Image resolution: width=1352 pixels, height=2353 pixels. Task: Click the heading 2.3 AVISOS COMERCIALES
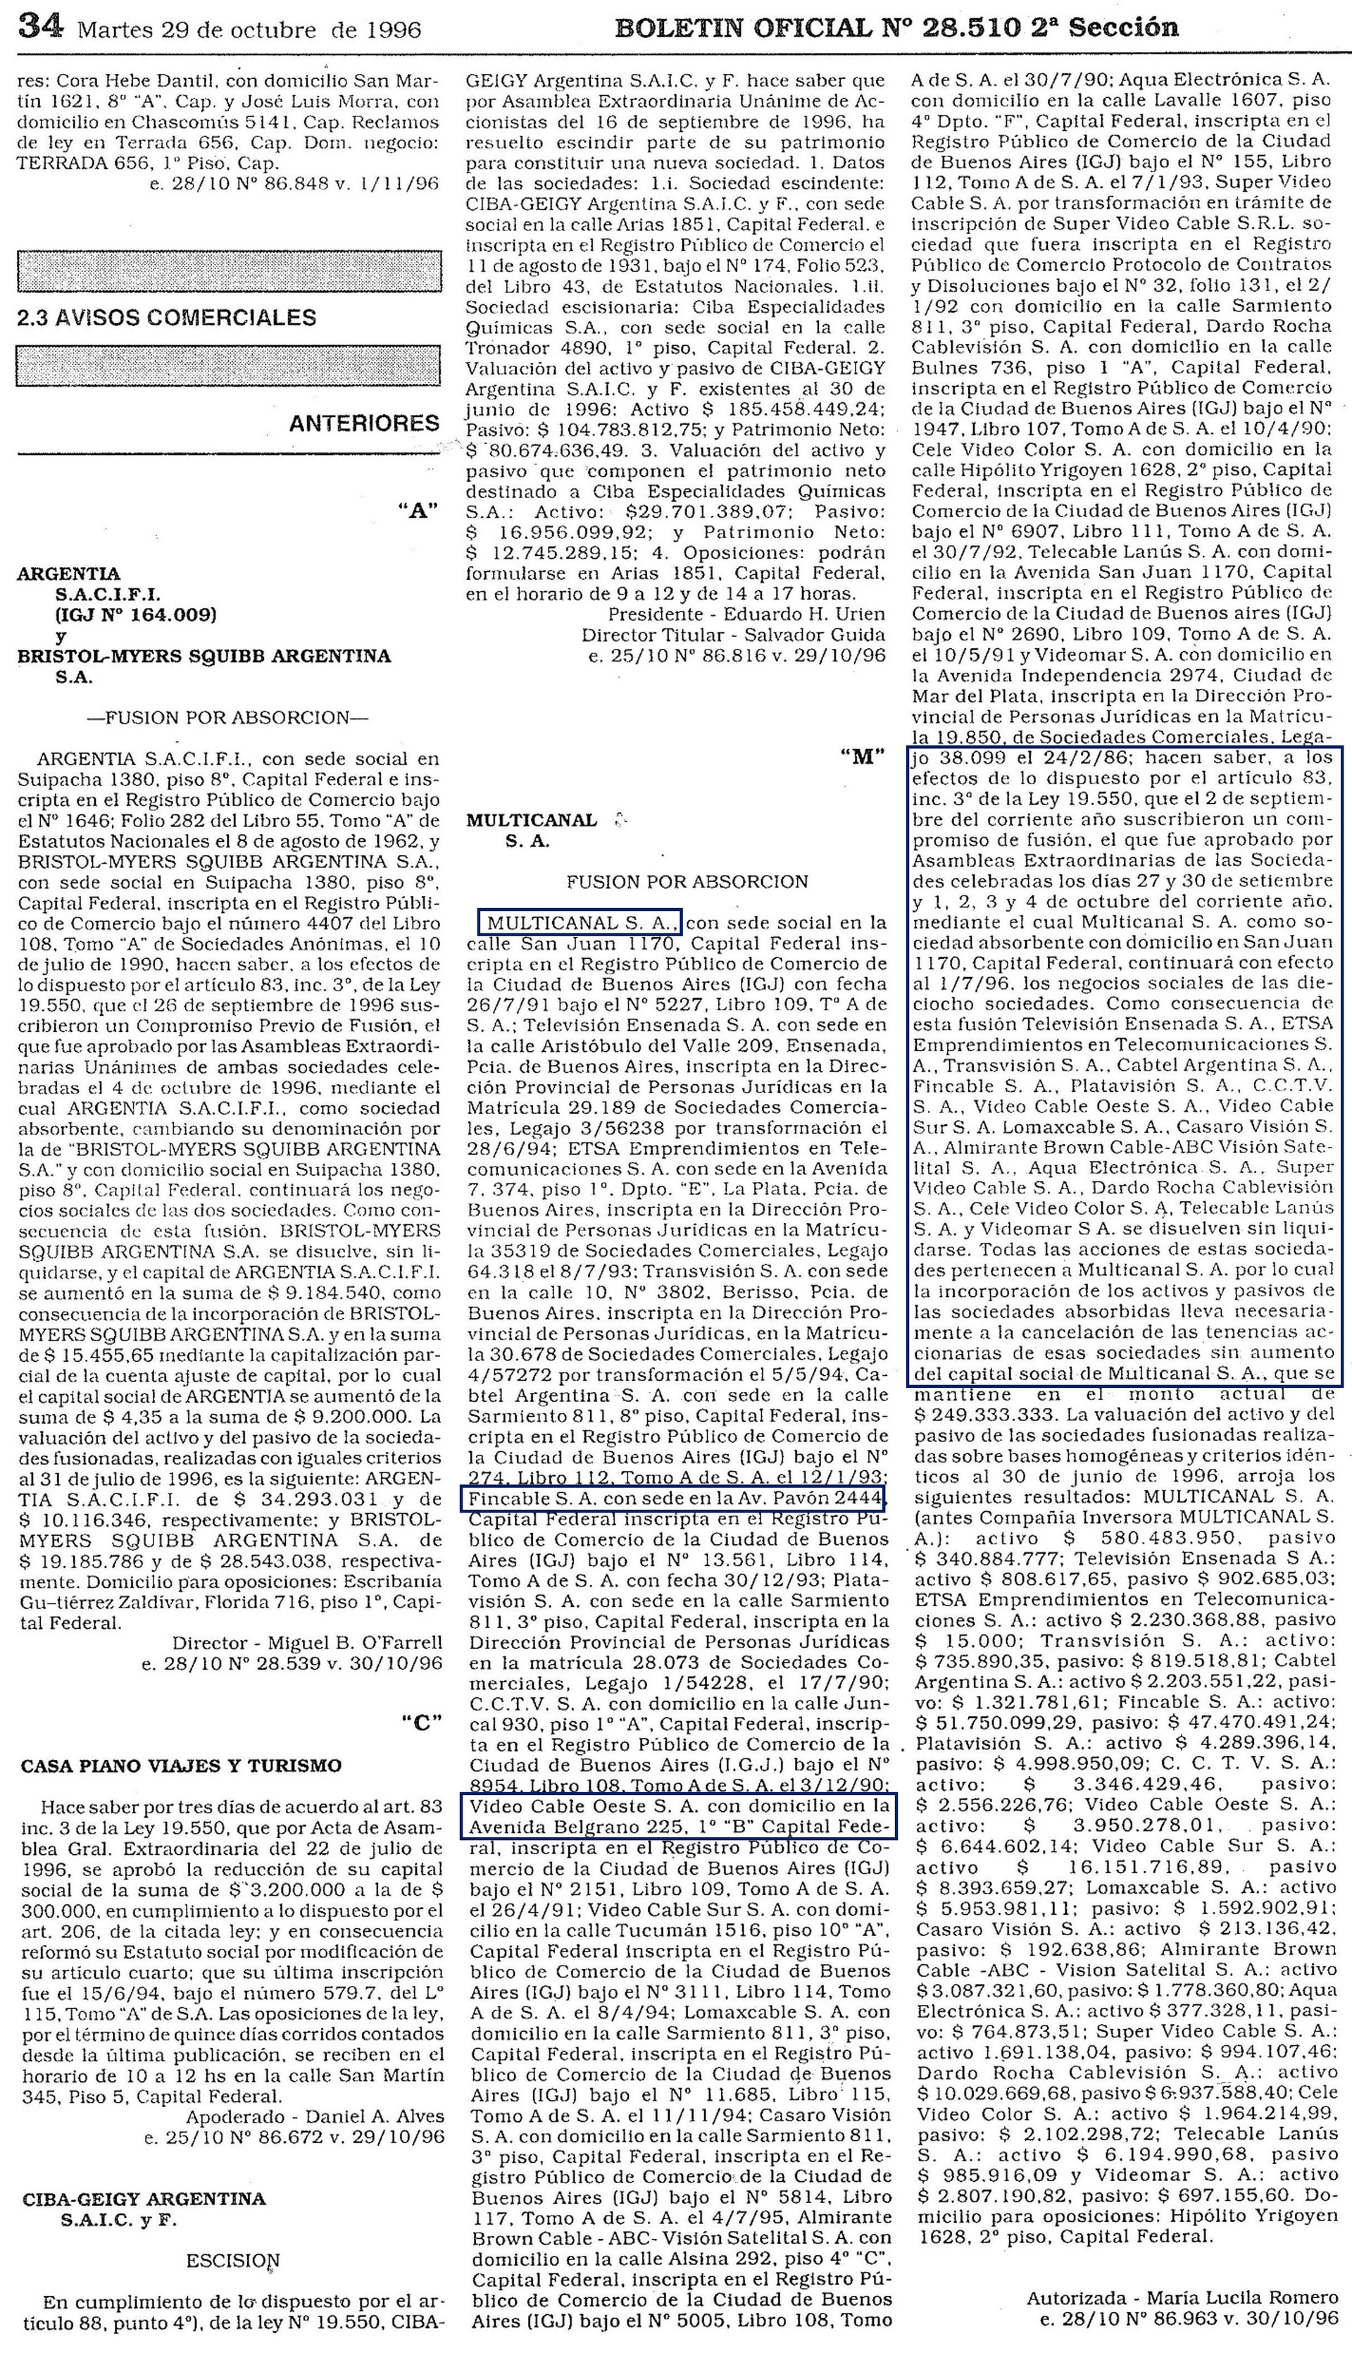pyautogui.click(x=167, y=318)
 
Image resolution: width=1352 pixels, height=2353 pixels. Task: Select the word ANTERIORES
pyautogui.click(x=364, y=423)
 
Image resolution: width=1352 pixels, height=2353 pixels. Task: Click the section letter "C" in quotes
pyautogui.click(x=422, y=1721)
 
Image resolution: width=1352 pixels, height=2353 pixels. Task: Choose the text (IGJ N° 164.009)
pyautogui.click(x=136, y=614)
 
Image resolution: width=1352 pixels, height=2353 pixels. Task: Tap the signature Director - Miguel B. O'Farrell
pyautogui.click(x=307, y=1642)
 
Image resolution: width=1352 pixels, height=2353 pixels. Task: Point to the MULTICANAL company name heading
pyautogui.click(x=532, y=820)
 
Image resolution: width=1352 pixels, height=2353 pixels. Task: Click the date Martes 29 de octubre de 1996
pyautogui.click(x=249, y=30)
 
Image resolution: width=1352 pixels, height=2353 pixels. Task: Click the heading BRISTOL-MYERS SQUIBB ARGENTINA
pyautogui.click(x=204, y=656)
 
